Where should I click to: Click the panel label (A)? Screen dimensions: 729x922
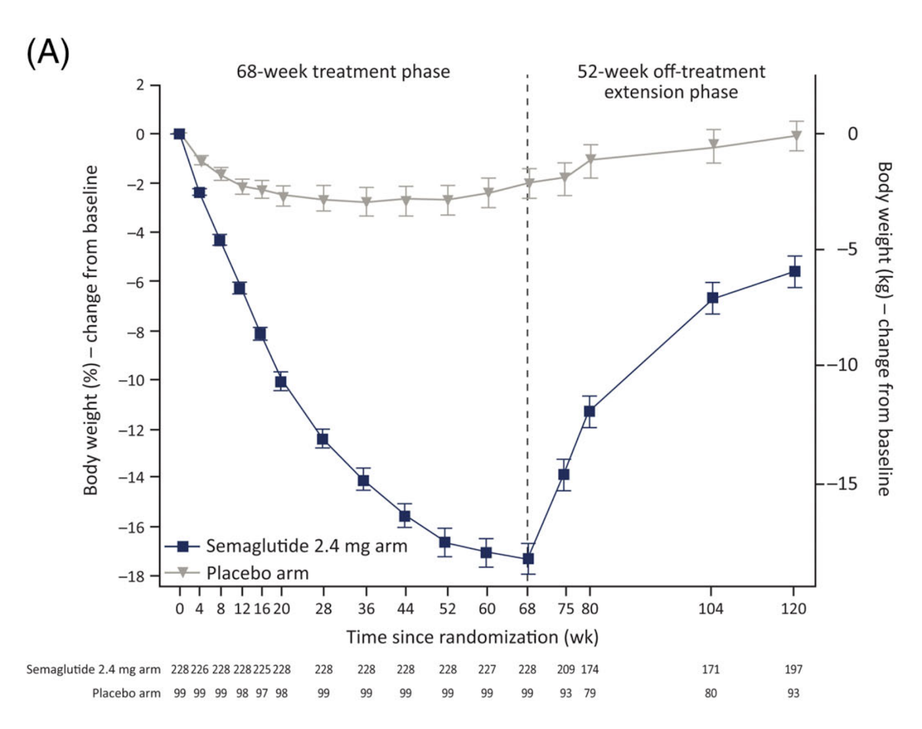coord(48,53)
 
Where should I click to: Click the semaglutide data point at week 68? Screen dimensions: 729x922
coord(528,559)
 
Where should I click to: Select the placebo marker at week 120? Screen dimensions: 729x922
coord(796,136)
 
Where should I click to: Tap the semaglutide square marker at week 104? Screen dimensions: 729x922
coord(713,298)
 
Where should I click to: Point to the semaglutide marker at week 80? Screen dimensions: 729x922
coord(590,411)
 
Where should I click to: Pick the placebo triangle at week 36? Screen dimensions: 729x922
coord(366,202)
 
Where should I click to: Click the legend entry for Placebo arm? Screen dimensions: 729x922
coord(257,573)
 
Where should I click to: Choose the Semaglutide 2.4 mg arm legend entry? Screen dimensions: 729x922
coord(306,546)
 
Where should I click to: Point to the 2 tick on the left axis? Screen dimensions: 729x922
coord(140,85)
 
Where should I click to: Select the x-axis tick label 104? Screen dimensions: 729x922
coord(711,609)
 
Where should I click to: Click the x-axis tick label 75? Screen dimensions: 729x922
coord(566,609)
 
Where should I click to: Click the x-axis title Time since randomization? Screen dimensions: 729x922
coord(472,637)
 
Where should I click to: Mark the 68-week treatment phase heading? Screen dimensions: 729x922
coord(343,71)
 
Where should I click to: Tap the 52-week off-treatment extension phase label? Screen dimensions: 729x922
coord(671,82)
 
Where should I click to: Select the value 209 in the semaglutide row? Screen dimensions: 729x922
coord(566,669)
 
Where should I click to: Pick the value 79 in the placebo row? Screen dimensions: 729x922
coord(590,693)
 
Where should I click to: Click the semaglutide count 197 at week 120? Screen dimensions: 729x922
coord(793,669)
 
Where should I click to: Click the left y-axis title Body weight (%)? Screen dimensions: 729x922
coord(91,330)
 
